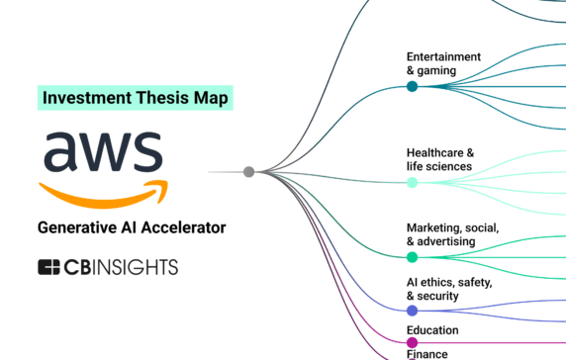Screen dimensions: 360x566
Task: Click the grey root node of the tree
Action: pos(249,172)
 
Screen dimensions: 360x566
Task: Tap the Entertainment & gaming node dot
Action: pos(412,87)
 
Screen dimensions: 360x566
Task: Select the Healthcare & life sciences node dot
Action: pos(412,183)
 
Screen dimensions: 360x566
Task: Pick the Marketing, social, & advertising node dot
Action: pos(412,257)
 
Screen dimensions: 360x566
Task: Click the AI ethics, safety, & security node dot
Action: pos(412,311)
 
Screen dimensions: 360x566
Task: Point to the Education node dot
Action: pos(412,342)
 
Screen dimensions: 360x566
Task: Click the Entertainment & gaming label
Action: pos(443,63)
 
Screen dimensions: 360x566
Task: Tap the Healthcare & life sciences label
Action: pos(440,159)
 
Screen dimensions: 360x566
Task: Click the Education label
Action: pos(432,329)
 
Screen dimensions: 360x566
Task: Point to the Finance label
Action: pos(427,353)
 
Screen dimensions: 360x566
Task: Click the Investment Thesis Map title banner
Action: pos(136,97)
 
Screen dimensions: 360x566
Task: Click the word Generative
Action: pos(72,227)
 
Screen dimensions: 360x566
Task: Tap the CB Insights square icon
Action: pos(49,267)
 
